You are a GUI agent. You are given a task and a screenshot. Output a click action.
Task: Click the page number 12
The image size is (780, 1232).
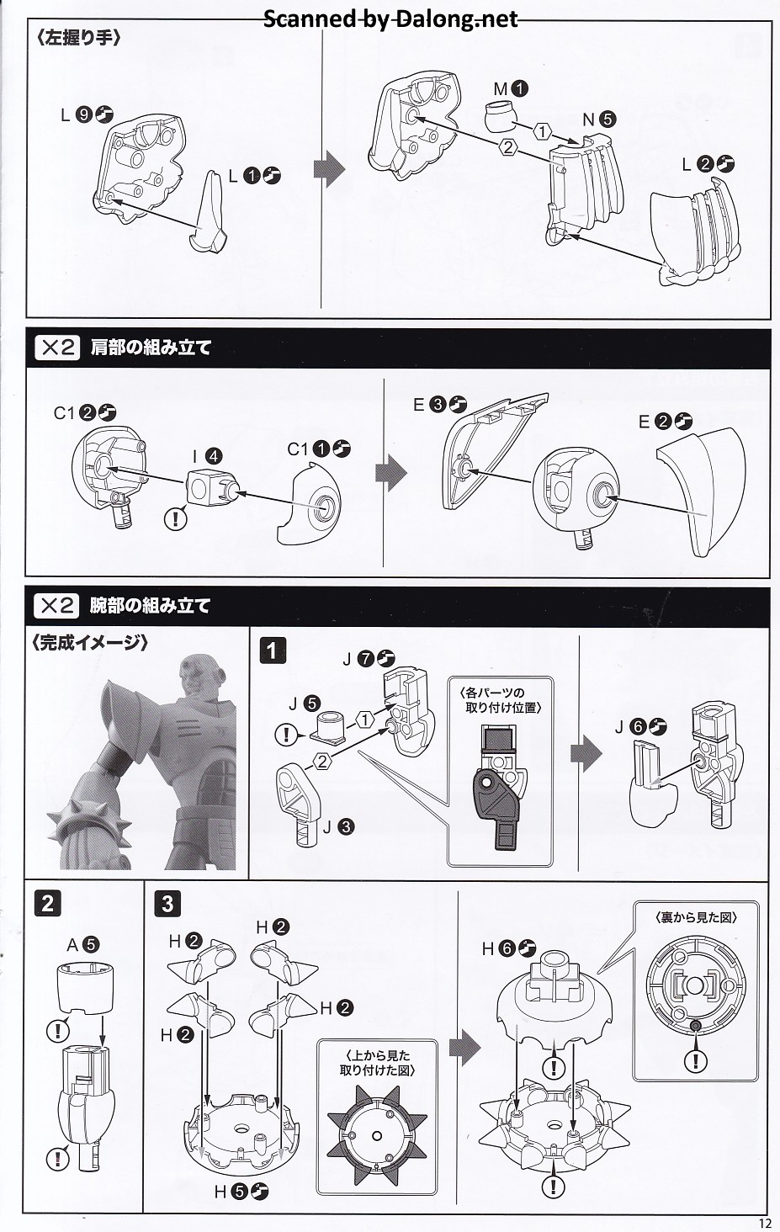point(765,1224)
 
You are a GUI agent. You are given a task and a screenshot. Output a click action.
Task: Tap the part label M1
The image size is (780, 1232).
point(511,88)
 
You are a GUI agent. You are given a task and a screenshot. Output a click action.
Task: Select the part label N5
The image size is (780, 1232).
point(600,119)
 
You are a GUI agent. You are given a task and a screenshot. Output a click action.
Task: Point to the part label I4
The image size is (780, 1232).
point(207,456)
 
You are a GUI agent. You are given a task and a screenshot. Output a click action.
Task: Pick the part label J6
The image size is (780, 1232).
point(641,726)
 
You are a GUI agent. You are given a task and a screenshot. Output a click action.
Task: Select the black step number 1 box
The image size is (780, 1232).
point(273,651)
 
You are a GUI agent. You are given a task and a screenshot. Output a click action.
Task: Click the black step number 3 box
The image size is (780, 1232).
point(168,904)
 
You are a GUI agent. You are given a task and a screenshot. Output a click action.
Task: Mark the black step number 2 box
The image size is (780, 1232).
point(47,904)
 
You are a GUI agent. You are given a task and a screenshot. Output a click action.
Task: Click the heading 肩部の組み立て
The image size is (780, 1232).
point(151,348)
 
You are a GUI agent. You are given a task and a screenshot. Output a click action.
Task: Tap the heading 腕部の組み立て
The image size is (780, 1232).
point(151,606)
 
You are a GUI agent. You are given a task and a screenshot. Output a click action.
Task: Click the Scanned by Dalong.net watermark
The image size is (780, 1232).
point(390,19)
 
